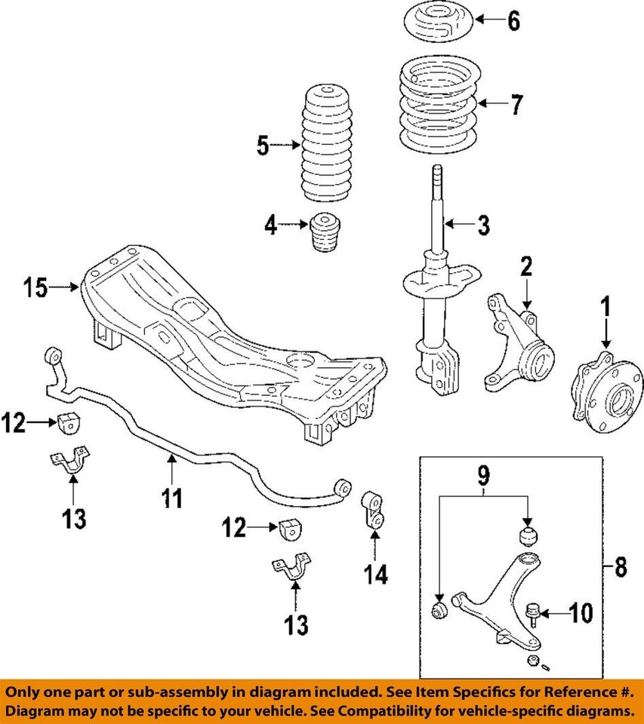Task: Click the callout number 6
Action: (513, 21)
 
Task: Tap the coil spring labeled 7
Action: (436, 109)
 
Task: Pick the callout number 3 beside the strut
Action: (482, 224)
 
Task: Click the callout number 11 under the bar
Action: (173, 498)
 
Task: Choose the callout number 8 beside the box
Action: (621, 566)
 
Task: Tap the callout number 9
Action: (483, 474)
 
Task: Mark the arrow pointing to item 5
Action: (285, 145)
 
